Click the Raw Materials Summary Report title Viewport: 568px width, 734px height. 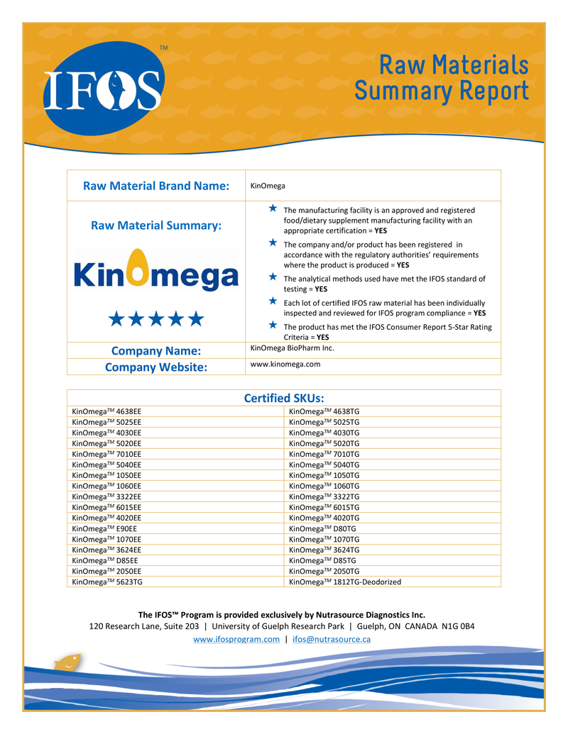click(441, 79)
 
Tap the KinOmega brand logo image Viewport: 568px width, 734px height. click(155, 272)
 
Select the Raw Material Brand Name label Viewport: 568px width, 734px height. click(156, 186)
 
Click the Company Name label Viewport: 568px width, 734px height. click(156, 351)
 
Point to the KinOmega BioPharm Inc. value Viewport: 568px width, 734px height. click(293, 348)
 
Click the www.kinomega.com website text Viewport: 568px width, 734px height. click(285, 364)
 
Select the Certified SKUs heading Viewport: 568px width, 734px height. click(283, 398)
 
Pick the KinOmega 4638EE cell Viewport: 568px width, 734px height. click(107, 411)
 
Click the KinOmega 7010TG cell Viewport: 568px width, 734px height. click(324, 454)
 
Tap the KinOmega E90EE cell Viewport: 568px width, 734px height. click(105, 528)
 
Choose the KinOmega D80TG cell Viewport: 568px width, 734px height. click(323, 528)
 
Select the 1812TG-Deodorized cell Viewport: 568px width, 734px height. click(345, 582)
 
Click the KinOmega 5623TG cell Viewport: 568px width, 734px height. click(107, 582)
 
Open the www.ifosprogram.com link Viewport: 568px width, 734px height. click(236, 639)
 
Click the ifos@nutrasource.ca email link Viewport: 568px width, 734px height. click(332, 639)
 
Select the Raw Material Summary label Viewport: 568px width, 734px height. click(156, 226)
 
